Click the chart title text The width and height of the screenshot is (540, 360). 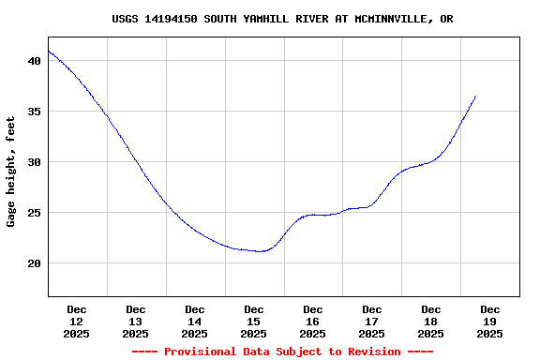[x=282, y=19]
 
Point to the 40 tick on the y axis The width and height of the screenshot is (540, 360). [x=35, y=61]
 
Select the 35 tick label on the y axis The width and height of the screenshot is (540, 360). [x=35, y=112]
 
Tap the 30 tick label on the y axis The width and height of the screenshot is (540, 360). [x=35, y=162]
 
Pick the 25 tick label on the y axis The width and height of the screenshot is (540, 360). [x=35, y=213]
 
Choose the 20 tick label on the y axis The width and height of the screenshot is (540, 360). [x=35, y=263]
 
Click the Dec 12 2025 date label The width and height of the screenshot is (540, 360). [x=77, y=321]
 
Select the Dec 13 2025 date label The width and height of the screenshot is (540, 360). [x=136, y=321]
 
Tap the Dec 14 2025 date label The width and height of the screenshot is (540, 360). [x=195, y=321]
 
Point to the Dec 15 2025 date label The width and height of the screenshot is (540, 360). [x=254, y=321]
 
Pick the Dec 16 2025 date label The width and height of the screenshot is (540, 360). [x=313, y=321]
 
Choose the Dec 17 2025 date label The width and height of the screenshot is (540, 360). [x=372, y=321]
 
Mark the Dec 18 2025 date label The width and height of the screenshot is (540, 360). [x=431, y=321]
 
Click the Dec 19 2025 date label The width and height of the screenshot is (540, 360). [x=490, y=321]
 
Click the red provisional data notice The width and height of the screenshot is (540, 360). [x=282, y=352]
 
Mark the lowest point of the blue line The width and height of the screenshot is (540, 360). [x=260, y=251]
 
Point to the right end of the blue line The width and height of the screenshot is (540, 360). [x=475, y=97]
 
